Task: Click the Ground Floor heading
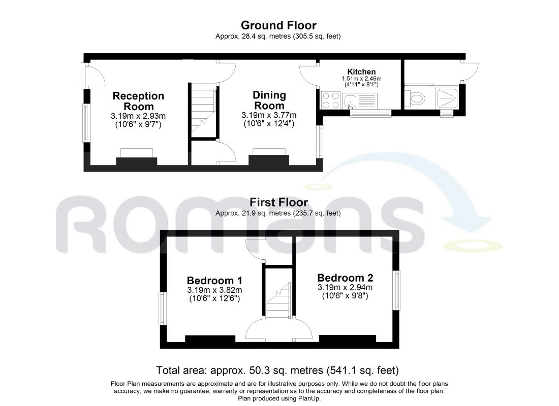pos(278,25)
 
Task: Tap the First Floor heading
pos(278,202)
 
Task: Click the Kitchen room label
pos(361,72)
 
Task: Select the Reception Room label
pos(138,101)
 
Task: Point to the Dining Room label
pos(269,100)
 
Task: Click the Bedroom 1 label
pos(214,280)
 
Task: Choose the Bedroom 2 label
pos(345,278)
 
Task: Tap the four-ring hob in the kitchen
pos(330,100)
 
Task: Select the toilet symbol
pos(417,98)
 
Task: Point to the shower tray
pos(447,98)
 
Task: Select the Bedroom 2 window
pos(396,290)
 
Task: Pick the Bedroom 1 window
pos(163,309)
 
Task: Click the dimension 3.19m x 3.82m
pos(214,290)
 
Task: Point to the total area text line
pos(277,370)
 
